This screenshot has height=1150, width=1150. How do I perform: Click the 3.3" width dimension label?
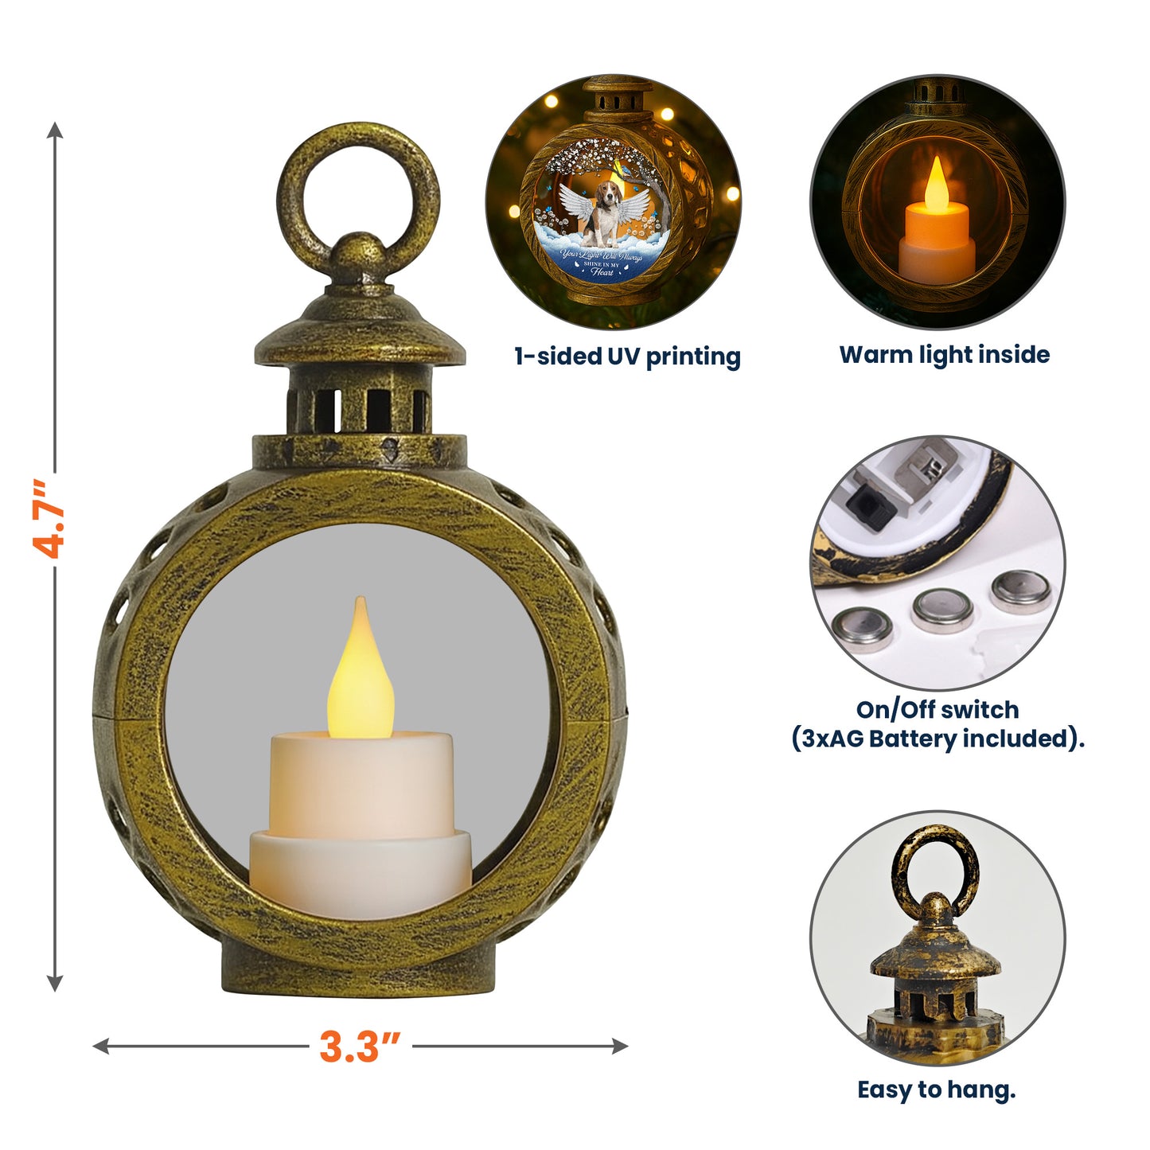[x=360, y=1046]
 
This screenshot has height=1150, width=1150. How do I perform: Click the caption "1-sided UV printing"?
[x=627, y=357]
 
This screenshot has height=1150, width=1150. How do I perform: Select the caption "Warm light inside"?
[x=944, y=355]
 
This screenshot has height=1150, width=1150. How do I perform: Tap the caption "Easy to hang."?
[x=936, y=1090]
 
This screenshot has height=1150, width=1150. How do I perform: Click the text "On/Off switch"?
[x=937, y=709]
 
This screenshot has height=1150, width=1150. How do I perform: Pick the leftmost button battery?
[x=861, y=630]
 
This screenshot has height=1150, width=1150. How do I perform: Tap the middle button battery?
[x=943, y=610]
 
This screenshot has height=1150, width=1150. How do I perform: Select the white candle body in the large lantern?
[x=361, y=820]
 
